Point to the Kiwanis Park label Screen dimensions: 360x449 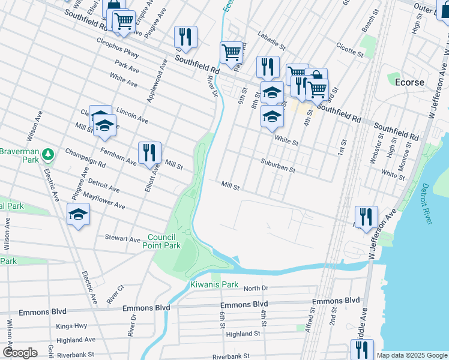210,284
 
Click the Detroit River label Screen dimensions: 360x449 426,205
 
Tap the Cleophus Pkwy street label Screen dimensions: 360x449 118,49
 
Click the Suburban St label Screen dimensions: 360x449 278,166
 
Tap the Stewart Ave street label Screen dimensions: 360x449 122,238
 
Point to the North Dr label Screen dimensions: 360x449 256,288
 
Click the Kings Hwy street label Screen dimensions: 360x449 71,326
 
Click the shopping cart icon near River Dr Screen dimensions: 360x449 231,52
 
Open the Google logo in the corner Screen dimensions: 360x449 20,353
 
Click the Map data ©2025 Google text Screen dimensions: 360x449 412,355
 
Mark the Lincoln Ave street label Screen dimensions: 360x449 133,116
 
